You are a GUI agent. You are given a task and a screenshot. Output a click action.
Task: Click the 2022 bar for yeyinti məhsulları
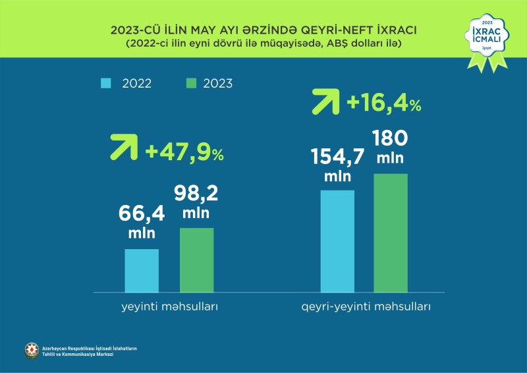coord(142,270)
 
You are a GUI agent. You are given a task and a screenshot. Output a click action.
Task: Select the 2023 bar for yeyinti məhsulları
coord(196,260)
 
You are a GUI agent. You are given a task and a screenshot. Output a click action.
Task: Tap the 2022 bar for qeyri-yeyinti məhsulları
coord(337,241)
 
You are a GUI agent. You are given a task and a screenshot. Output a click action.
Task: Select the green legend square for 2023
coord(192,83)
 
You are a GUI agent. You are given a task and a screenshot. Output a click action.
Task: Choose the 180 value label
coord(390,139)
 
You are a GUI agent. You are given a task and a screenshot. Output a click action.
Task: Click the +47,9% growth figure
coord(184,153)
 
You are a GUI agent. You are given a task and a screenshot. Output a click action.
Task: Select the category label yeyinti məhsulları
coord(169,307)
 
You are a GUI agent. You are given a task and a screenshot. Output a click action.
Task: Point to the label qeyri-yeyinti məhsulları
coord(366,307)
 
